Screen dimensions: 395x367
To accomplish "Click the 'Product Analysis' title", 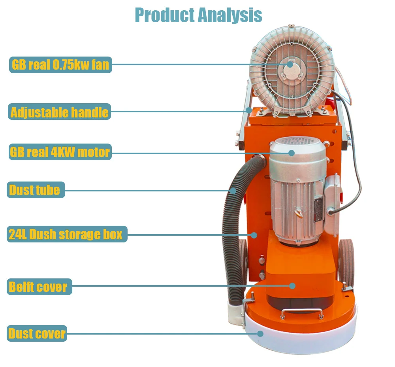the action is (198, 15).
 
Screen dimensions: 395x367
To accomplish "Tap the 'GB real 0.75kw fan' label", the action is (60, 64).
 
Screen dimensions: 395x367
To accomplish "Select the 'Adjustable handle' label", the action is (59, 112).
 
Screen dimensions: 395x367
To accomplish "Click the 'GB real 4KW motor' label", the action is (60, 152).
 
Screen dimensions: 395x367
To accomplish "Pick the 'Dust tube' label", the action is (36, 190).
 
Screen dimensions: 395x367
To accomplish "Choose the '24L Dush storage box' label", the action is (66, 234).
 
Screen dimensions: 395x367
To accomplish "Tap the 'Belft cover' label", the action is (39, 286).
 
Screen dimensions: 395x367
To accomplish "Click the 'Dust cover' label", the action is (37, 333).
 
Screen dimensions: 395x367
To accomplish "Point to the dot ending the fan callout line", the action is (290, 64).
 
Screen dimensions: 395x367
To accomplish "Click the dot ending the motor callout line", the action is (291, 153).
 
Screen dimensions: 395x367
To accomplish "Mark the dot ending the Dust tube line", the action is (233, 191).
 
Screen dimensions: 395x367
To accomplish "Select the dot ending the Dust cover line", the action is (260, 333).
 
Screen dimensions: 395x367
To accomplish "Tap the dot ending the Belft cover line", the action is (292, 286).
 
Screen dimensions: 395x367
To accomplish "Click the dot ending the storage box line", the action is (254, 235).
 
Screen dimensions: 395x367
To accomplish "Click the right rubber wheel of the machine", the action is (346, 259).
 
